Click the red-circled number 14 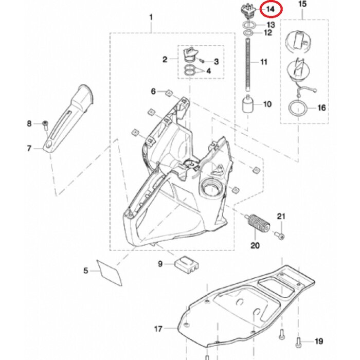point(270,9)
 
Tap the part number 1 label point(151,17)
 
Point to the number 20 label point(255,245)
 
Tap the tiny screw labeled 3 point(203,61)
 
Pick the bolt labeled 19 point(299,340)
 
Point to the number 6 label point(153,91)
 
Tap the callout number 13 point(270,25)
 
